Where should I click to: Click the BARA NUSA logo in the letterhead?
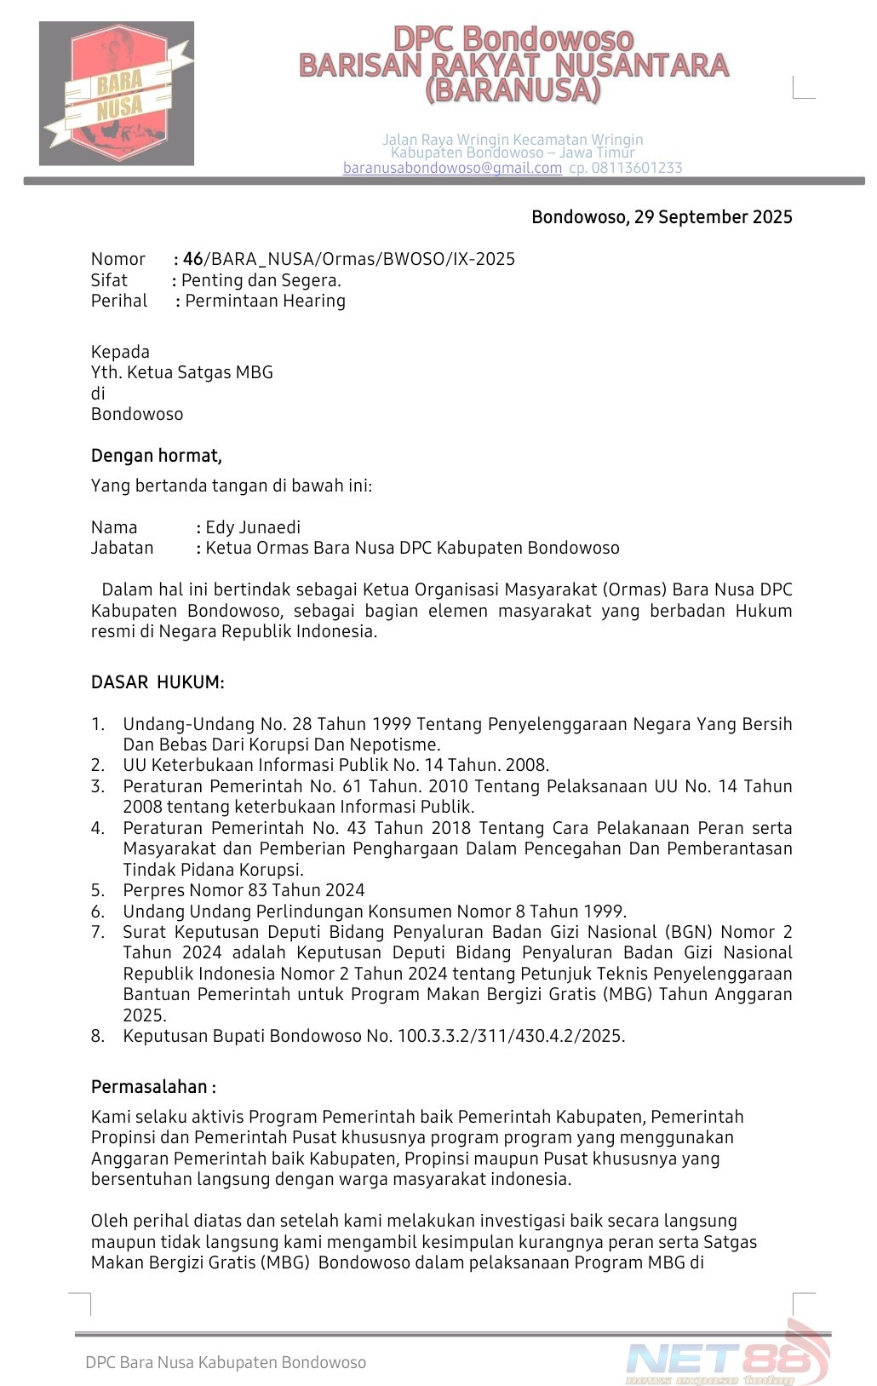click(x=117, y=94)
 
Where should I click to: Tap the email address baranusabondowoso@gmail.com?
click(x=452, y=168)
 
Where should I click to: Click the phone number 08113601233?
click(x=636, y=168)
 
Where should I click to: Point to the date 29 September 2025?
click(x=713, y=217)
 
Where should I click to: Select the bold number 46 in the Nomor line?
click(x=193, y=259)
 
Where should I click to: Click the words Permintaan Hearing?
click(x=265, y=301)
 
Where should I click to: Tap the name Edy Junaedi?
click(x=253, y=527)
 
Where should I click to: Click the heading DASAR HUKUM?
click(x=158, y=682)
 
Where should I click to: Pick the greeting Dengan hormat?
click(x=157, y=456)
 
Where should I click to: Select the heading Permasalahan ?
click(x=153, y=1087)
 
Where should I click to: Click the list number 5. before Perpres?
click(x=98, y=890)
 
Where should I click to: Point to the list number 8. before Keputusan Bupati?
click(x=98, y=1036)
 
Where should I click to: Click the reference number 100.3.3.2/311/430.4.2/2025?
click(x=511, y=1036)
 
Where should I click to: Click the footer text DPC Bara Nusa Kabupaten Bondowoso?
click(x=226, y=1362)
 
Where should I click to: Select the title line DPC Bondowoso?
click(x=513, y=39)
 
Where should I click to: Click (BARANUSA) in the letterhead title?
click(x=513, y=89)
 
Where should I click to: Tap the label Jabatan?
click(x=123, y=548)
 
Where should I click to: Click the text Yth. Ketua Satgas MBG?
click(x=182, y=372)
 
